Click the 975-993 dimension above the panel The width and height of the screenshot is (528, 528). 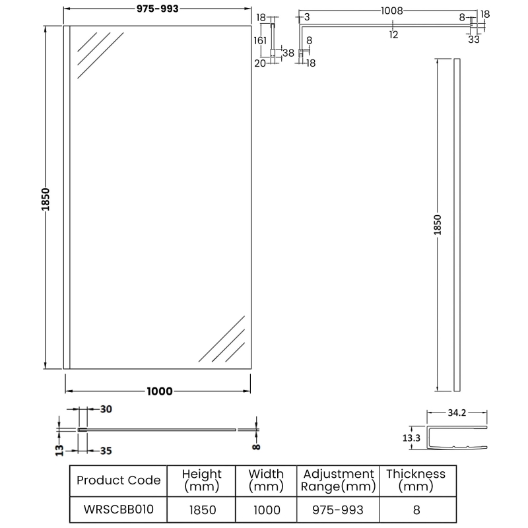(157, 9)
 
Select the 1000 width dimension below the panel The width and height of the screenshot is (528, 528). (160, 391)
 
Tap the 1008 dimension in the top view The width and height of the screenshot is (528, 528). (391, 11)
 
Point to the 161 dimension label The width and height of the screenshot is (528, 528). (260, 40)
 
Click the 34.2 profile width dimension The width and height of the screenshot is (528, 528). (457, 412)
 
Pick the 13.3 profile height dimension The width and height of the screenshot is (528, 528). (411, 438)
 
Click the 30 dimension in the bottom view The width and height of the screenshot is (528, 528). (106, 409)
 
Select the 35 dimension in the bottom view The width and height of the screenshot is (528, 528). (106, 451)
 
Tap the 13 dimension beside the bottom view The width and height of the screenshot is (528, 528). (59, 450)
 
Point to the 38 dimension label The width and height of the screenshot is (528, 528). (288, 53)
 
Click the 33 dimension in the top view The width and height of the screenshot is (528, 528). (473, 40)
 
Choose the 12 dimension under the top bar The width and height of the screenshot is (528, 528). (393, 34)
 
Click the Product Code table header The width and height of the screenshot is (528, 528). (119, 480)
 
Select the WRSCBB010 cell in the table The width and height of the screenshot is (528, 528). (119, 509)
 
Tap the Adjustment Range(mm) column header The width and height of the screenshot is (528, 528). (338, 480)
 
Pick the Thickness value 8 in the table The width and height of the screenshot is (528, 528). (416, 510)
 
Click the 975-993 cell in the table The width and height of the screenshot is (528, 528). (338, 510)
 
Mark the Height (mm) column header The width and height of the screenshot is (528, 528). (202, 480)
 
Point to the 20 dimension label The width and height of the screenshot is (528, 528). (259, 63)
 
